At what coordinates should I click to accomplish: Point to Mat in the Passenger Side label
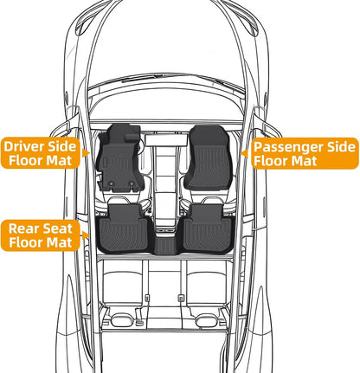pyautogui.click(x=305, y=160)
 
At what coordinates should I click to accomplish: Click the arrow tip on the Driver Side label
pyautogui.click(x=89, y=153)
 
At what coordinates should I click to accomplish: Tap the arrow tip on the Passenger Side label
pyautogui.click(x=241, y=153)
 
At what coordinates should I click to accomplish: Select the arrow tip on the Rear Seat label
pyautogui.click(x=89, y=235)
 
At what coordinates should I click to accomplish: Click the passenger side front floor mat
pyautogui.click(x=209, y=158)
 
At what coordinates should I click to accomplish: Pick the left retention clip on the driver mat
pyautogui.click(x=111, y=183)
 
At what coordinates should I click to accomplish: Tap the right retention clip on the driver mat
pyautogui.click(x=132, y=183)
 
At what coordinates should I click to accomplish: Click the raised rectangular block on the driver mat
pyautogui.click(x=132, y=137)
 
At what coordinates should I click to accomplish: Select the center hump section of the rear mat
pyautogui.click(x=164, y=245)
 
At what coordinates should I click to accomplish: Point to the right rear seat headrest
pyautogui.click(x=207, y=320)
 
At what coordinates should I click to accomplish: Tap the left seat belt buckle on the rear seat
pyautogui.click(x=146, y=298)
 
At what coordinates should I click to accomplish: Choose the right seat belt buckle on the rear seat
pyautogui.click(x=181, y=298)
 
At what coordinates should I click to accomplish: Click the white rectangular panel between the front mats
pyautogui.click(x=166, y=140)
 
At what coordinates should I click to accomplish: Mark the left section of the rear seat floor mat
pyautogui.click(x=124, y=228)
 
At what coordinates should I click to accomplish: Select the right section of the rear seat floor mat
pyautogui.click(x=207, y=228)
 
